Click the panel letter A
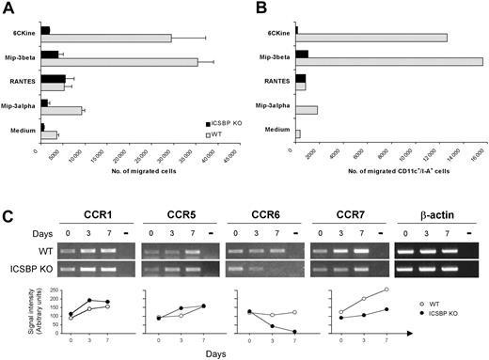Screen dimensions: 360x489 pyautogui.click(x=8, y=8)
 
